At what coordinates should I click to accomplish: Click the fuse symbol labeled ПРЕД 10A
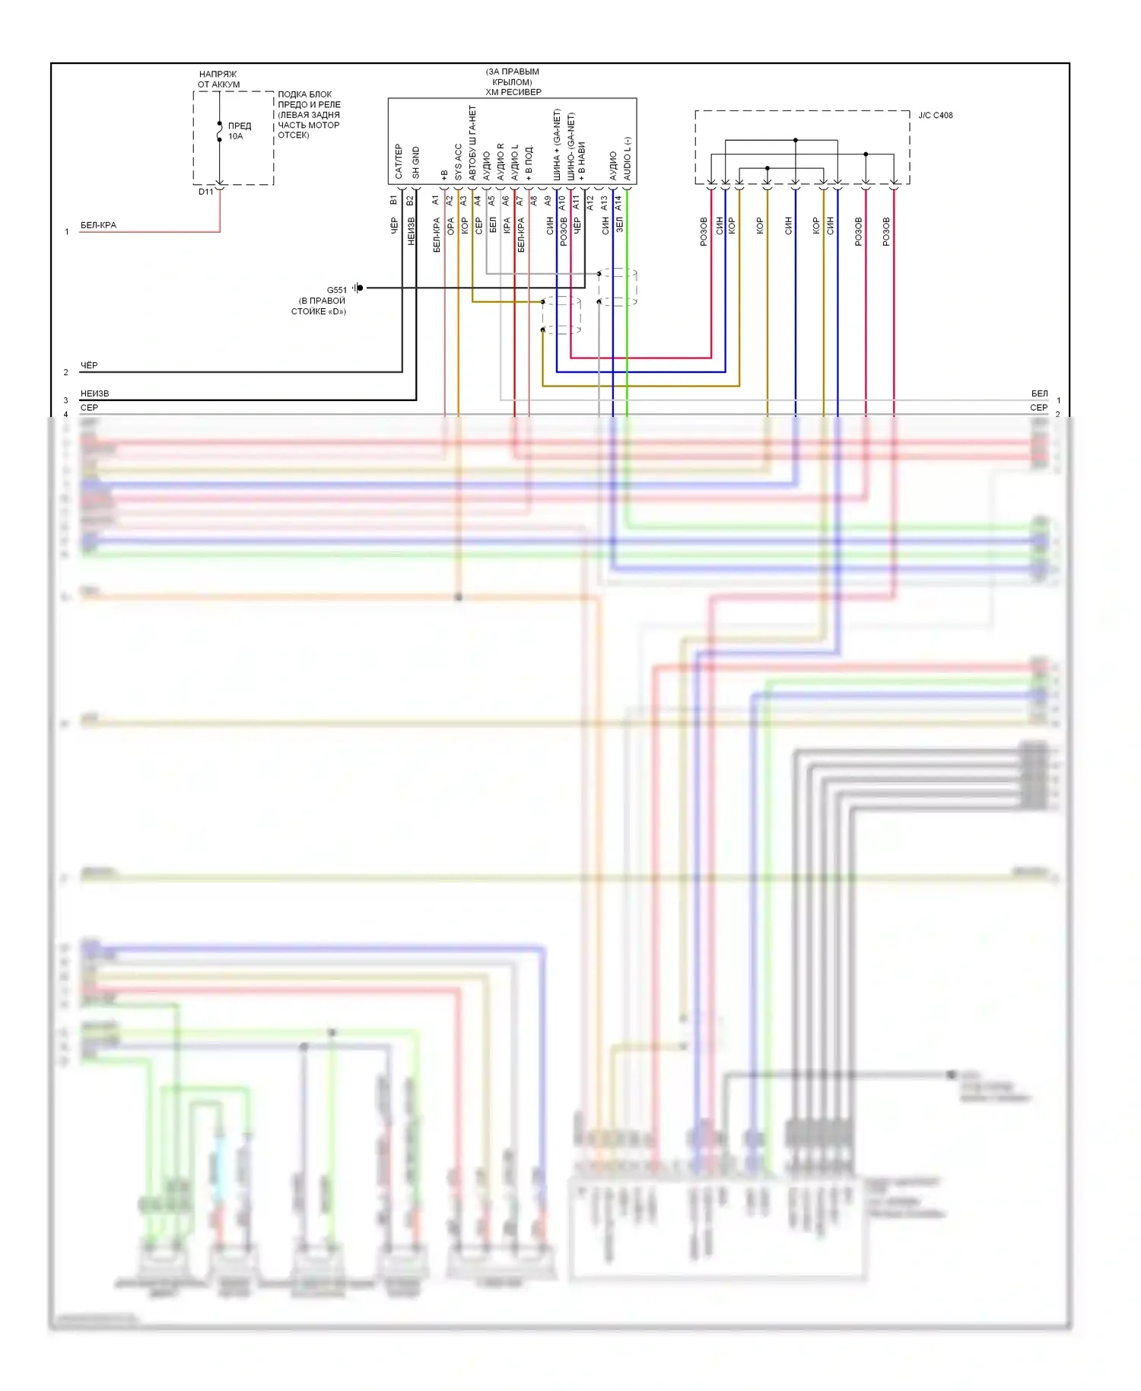coord(220,132)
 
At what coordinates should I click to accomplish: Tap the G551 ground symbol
coord(358,288)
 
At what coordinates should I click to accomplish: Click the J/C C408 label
coord(935,116)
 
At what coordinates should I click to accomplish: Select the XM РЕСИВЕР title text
coord(513,92)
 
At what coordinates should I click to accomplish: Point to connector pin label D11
coord(205,192)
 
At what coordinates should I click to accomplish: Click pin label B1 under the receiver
coord(393,200)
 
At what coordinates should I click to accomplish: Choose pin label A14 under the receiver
coord(618,203)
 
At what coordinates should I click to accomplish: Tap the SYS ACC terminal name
coord(458,161)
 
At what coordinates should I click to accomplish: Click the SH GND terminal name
coord(415,162)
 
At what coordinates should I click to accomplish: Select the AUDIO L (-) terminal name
coord(628,158)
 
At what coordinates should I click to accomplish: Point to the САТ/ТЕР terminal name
coord(398,161)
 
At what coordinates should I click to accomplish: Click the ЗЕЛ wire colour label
coord(619,224)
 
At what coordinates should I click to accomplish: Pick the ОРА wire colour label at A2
coord(450,226)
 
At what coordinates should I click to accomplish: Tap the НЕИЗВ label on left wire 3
coord(94,393)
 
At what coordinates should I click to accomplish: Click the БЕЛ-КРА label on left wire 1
coord(98,225)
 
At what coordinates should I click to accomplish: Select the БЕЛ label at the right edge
coord(1039,393)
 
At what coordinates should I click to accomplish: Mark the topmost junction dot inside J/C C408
coord(796,140)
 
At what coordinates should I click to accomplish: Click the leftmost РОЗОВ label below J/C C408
coord(704,231)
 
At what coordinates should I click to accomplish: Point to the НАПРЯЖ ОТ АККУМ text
coord(218,79)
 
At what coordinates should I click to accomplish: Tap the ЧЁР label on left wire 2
coord(89,365)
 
